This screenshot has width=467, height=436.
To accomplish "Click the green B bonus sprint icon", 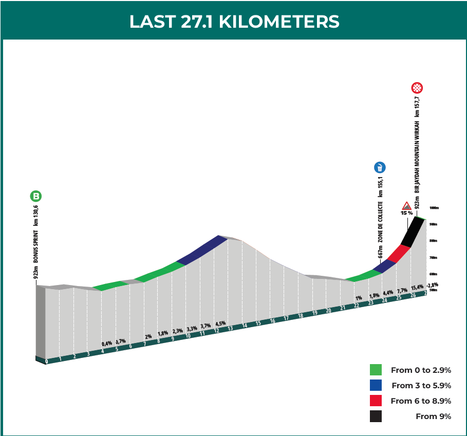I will pos(35,196).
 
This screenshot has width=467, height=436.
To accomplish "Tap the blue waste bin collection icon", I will pos(380,167).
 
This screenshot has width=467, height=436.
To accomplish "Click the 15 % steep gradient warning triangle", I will pos(406,205).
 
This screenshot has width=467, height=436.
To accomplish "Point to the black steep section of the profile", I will pos(413,232).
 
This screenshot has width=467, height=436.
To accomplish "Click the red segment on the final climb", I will pos(399,254).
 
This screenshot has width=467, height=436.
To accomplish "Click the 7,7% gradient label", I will pos(402,290).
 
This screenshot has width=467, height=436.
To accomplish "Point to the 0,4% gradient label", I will pos(107,344).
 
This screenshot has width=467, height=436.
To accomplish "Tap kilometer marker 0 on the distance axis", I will pos(47,362).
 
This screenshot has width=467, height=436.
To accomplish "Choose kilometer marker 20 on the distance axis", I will pos(328,311).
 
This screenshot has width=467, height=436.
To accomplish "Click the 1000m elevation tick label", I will pos(433,208).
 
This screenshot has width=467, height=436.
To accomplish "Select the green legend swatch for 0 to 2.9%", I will pos(376,370).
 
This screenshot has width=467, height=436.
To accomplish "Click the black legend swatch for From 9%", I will pos(376,416).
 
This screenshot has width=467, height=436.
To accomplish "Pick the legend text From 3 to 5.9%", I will pos(421,385).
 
